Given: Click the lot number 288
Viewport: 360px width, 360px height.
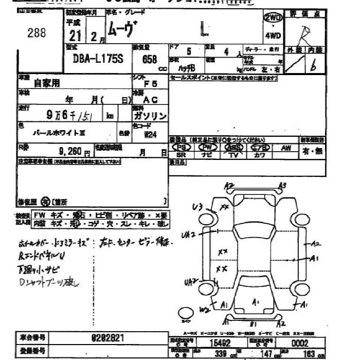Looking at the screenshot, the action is [37, 33].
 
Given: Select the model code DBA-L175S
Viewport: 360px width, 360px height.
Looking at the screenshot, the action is [94, 59].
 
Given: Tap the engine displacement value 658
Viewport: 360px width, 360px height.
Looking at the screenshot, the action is [150, 59].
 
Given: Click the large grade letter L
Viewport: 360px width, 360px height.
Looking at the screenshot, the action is [205, 30].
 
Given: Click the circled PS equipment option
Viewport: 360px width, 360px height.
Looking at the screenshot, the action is [181, 147].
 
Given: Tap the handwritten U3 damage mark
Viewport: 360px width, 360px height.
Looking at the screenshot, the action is [197, 207].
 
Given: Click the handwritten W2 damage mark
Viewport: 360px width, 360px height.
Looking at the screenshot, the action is [205, 309].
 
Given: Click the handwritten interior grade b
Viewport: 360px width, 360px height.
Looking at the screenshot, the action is [313, 65].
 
